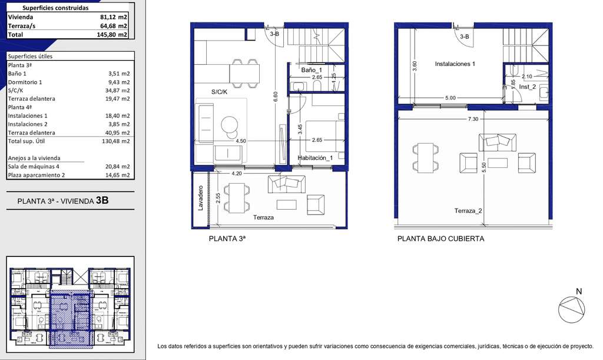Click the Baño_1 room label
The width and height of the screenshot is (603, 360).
pyautogui.click(x=312, y=70)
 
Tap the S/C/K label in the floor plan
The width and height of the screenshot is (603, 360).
pyautogui.click(x=219, y=92)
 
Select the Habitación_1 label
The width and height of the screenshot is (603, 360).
pyautogui.click(x=316, y=158)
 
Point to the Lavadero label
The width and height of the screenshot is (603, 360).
pyautogui.click(x=200, y=198)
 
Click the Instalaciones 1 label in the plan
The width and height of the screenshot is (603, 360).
pyautogui.click(x=455, y=64)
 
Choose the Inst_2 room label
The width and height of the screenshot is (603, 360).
pyautogui.click(x=527, y=87)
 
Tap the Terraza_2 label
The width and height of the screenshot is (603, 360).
pyautogui.click(x=468, y=211)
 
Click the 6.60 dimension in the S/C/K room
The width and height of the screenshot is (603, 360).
pyautogui.click(x=276, y=97)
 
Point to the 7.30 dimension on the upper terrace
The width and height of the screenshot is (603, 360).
pyautogui.click(x=473, y=119)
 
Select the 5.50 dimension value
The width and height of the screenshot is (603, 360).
pyautogui.click(x=484, y=167)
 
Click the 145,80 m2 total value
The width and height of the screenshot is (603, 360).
pyautogui.click(x=112, y=35)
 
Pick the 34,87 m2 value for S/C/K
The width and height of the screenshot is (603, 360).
pyautogui.click(x=119, y=90)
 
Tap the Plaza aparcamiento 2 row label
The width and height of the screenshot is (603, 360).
pyautogui.click(x=37, y=175)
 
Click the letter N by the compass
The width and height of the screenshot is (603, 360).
pyautogui.click(x=579, y=292)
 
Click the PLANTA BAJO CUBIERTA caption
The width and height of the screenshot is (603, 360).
pyautogui.click(x=440, y=239)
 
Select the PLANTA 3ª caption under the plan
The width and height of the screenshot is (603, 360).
pyautogui.click(x=227, y=239)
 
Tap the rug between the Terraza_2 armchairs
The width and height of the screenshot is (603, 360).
pyautogui.click(x=498, y=163)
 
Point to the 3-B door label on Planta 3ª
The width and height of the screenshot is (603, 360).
pyautogui.click(x=274, y=34)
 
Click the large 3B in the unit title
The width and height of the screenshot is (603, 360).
pyautogui.click(x=102, y=200)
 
